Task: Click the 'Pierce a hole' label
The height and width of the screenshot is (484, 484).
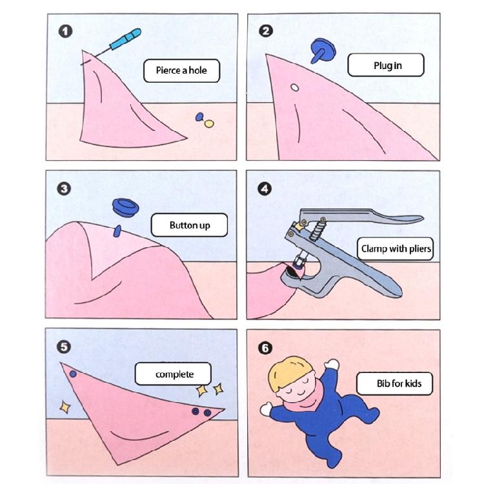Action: tap(181, 70)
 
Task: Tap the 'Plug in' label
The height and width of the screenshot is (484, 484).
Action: tap(386, 66)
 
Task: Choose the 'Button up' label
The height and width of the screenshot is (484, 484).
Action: tap(189, 225)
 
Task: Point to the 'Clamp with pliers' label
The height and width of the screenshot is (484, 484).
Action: tap(396, 248)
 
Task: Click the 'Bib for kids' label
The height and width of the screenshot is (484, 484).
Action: tap(399, 383)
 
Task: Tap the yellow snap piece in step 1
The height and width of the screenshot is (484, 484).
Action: tap(208, 123)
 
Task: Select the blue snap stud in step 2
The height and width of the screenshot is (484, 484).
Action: tap(319, 50)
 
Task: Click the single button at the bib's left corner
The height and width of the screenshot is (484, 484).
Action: tap(73, 374)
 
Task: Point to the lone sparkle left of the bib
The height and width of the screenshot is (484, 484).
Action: tap(65, 407)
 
